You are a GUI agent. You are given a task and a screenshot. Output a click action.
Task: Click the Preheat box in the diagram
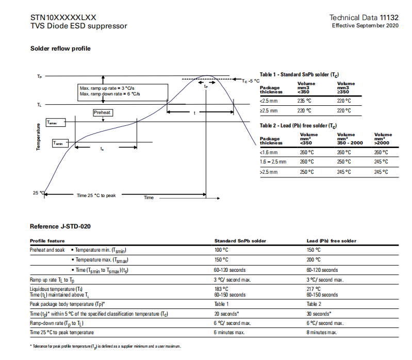coord(102,112)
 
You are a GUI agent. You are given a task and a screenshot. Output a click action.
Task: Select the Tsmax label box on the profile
coord(55,123)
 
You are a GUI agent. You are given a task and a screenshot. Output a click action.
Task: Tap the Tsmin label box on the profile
coord(60,143)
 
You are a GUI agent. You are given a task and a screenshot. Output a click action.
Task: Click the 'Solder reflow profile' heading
coord(60,48)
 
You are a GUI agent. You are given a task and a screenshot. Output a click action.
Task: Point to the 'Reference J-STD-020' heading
coord(60,226)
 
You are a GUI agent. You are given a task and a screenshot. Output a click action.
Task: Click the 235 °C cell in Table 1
coord(305,101)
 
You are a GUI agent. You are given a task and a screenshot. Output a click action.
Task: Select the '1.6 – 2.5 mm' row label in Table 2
coord(273,161)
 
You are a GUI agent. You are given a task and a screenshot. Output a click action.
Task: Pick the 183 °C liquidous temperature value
coord(221,289)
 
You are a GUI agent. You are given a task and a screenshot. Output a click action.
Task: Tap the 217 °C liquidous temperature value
coord(314,289)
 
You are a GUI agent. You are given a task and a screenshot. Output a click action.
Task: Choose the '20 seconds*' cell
coord(227,314)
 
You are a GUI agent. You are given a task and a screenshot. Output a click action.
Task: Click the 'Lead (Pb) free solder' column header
coord(331,241)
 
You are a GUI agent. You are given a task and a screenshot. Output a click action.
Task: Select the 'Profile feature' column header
coord(47,241)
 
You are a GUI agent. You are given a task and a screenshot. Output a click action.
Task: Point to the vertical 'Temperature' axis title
coord(38,137)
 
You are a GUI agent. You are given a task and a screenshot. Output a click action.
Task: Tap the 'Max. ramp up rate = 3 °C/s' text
coord(107,88)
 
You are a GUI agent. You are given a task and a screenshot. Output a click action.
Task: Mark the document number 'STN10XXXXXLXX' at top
coord(63,17)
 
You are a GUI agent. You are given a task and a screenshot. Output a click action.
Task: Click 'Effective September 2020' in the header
coord(365,25)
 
